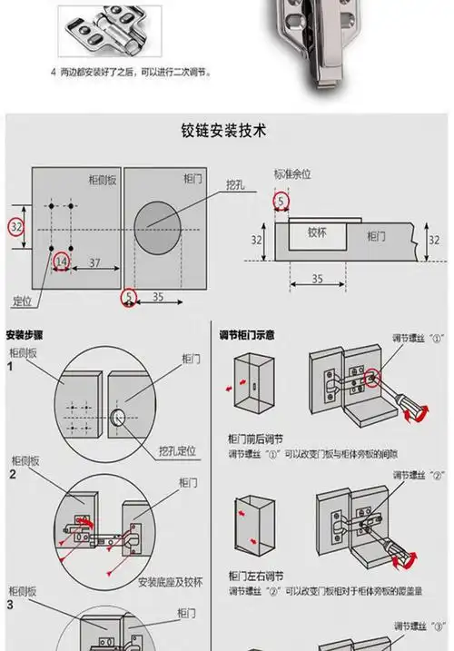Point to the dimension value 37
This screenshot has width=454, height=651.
[94, 262]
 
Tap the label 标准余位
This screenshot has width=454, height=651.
[293, 173]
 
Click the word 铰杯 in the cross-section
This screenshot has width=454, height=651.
[317, 232]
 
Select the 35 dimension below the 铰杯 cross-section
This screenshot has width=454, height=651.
[316, 279]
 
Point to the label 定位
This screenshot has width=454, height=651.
[23, 300]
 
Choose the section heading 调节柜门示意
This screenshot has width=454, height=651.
[247, 335]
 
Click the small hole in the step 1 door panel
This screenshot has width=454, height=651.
[117, 417]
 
